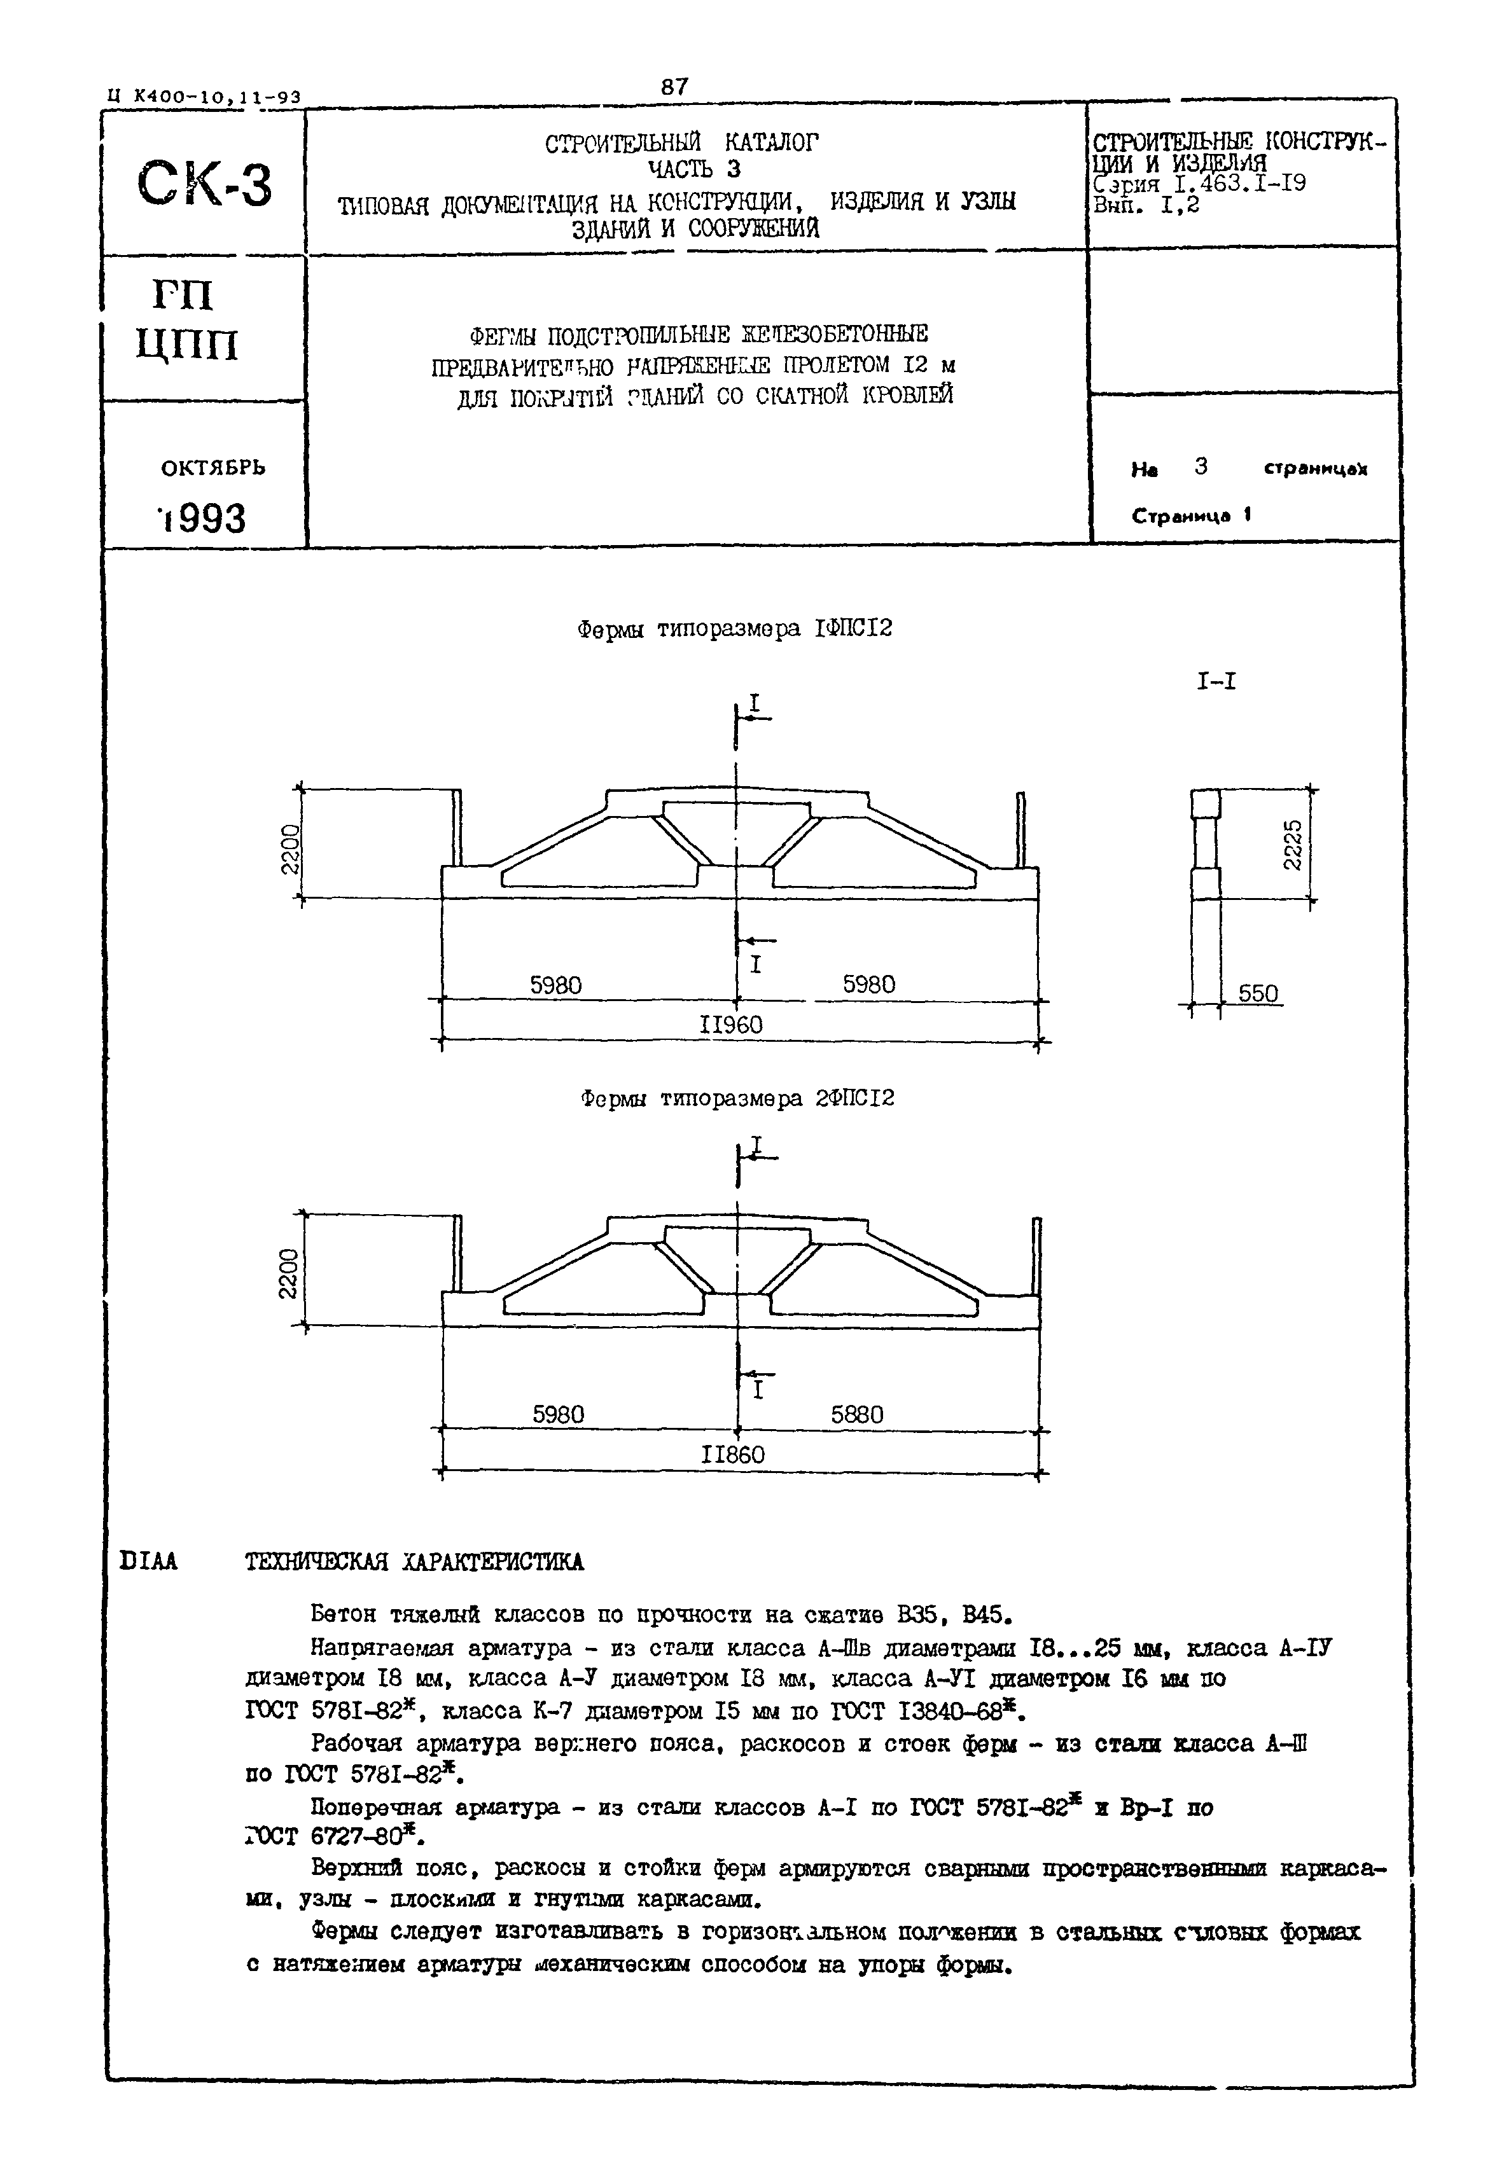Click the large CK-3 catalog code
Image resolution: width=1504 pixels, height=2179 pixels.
[204, 184]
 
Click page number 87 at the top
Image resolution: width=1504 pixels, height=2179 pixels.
[675, 86]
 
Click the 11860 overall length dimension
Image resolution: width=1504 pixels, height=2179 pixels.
[733, 1455]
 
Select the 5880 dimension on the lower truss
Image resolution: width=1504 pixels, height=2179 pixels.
[856, 1415]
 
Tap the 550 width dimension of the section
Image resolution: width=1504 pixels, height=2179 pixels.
[1257, 994]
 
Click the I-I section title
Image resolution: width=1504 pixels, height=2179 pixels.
[1216, 682]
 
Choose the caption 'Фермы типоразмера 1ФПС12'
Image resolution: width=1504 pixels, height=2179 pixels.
[734, 629]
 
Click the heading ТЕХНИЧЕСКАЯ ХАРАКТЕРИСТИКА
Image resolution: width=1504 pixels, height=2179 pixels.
[415, 1562]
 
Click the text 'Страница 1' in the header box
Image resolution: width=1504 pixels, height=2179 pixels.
[1191, 516]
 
